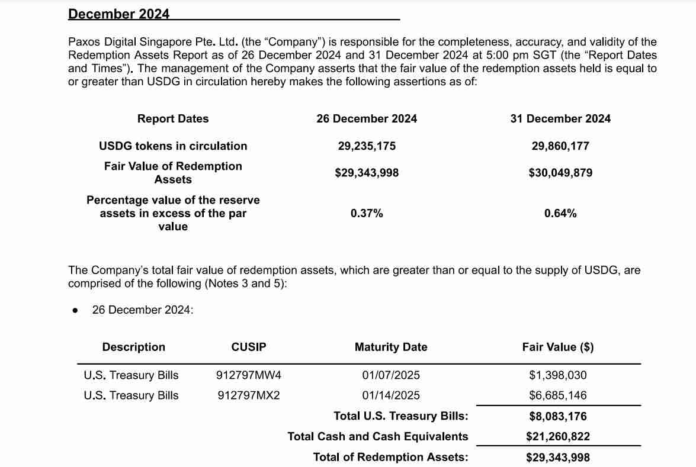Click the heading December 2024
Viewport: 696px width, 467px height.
click(118, 14)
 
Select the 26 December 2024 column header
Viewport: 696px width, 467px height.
click(367, 118)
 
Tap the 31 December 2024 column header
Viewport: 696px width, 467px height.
click(560, 118)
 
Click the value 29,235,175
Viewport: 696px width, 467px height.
click(367, 146)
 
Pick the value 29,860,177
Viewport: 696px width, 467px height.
click(560, 146)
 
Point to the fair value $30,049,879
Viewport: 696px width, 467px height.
click(560, 173)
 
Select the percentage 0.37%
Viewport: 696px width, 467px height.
click(367, 213)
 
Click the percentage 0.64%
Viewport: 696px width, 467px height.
click(560, 213)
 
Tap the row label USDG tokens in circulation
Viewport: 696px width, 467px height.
click(173, 146)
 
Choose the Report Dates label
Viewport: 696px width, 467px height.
click(173, 118)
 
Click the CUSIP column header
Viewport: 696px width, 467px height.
click(249, 347)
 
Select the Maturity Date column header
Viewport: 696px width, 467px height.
click(391, 347)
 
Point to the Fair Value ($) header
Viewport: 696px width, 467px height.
click(558, 347)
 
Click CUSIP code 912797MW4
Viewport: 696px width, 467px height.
click(249, 375)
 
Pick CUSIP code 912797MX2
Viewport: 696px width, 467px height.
click(248, 395)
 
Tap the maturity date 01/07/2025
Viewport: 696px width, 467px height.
click(391, 375)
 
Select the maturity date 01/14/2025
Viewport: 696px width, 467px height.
click(391, 395)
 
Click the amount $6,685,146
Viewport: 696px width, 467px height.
click(558, 395)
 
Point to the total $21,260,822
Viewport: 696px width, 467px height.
click(558, 437)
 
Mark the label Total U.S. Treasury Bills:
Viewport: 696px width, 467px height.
click(401, 416)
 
